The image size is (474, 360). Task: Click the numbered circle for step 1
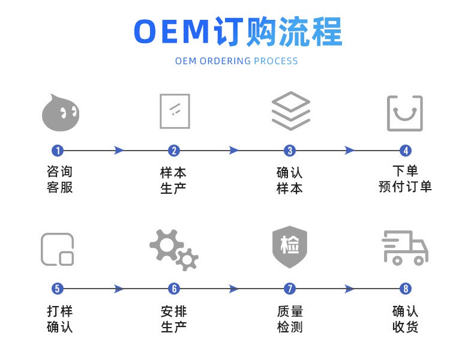[58, 151]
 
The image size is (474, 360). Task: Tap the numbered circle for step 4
[406, 151]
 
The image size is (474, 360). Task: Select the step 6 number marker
[174, 289]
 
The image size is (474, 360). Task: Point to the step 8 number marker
[406, 289]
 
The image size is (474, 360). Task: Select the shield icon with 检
[290, 247]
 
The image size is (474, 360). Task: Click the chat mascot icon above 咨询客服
[61, 113]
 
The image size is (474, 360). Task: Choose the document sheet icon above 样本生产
[161, 111]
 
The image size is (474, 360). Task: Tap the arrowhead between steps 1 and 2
[119, 151]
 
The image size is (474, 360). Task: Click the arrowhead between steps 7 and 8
[350, 289]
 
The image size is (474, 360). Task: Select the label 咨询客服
[59, 179]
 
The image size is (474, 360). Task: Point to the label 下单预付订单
[405, 179]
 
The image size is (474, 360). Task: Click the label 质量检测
[290, 319]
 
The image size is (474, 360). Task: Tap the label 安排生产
[174, 319]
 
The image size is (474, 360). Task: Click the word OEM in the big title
[172, 31]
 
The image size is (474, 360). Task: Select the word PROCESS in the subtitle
[275, 61]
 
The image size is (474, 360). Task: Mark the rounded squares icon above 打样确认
[42, 249]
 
